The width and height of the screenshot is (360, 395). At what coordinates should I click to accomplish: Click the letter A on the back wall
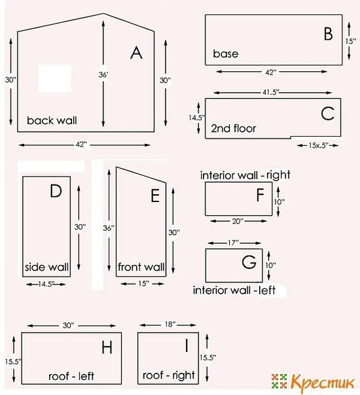coord(136,53)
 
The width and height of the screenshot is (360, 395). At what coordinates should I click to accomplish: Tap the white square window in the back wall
coord(55,78)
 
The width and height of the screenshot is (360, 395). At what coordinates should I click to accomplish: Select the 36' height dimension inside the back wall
coord(103,75)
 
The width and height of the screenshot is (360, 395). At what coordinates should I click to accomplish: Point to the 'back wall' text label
coord(52,120)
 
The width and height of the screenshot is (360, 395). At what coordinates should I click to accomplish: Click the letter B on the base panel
coord(328,34)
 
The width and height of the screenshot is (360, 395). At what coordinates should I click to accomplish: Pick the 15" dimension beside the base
coord(350,41)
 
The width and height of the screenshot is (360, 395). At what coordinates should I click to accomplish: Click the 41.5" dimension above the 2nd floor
coord(271,92)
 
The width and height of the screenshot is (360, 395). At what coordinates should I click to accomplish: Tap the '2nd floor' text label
coord(234,128)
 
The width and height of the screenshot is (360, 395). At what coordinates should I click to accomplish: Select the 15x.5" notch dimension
coord(318,145)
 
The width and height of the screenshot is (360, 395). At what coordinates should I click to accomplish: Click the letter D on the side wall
coord(56,191)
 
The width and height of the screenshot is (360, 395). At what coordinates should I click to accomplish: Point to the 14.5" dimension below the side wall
coord(46,284)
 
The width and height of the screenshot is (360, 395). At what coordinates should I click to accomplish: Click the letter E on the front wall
coord(155,196)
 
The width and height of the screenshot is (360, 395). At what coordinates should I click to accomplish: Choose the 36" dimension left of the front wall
coord(109,228)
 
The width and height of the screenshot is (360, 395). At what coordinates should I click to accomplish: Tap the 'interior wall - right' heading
coord(245,175)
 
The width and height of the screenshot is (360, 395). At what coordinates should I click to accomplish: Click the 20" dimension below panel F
coord(238,221)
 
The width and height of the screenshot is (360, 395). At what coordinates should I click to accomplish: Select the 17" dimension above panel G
coord(233,243)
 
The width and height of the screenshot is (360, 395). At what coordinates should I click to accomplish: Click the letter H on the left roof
coord(107,347)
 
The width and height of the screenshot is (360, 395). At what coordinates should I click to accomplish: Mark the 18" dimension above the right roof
coord(170,324)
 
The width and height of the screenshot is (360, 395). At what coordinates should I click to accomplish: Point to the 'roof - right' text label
coord(169,375)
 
